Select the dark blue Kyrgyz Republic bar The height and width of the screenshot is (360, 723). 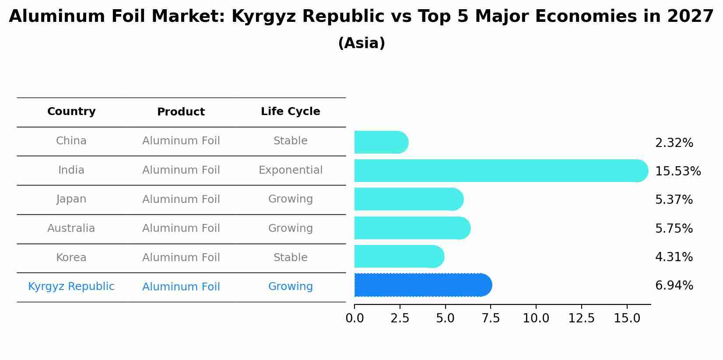pyautogui.click(x=423, y=285)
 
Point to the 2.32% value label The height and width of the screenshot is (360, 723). pyautogui.click(x=674, y=143)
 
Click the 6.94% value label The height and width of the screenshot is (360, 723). pyautogui.click(x=674, y=286)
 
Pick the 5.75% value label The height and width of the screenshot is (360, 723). pyautogui.click(x=674, y=229)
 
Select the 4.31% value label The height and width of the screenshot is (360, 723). pyautogui.click(x=674, y=257)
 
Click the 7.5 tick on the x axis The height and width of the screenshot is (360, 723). pyautogui.click(x=491, y=318)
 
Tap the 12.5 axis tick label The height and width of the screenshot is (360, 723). pyautogui.click(x=581, y=318)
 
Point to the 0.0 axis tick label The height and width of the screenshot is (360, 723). pyautogui.click(x=354, y=318)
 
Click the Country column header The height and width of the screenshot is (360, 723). pyautogui.click(x=71, y=112)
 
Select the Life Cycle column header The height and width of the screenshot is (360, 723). pyautogui.click(x=291, y=112)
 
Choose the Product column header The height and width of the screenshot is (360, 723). pyautogui.click(x=181, y=112)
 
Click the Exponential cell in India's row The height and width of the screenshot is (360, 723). pyautogui.click(x=291, y=170)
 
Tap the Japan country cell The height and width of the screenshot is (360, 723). pyautogui.click(x=71, y=199)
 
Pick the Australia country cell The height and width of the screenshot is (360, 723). pyautogui.click(x=71, y=228)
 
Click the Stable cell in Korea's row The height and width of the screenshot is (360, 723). pyautogui.click(x=291, y=258)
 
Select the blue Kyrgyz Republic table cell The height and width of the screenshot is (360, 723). pyautogui.click(x=71, y=287)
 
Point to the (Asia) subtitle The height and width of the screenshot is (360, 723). pyautogui.click(x=361, y=43)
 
